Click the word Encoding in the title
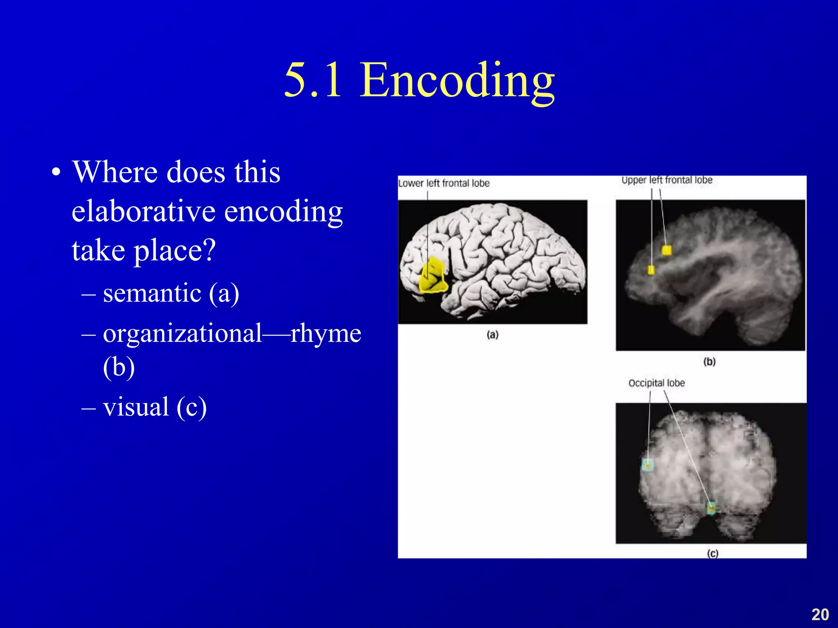[x=457, y=81]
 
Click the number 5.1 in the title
[x=313, y=81]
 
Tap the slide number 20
[x=820, y=615]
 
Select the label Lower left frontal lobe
[x=444, y=183]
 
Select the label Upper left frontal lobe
[x=667, y=180]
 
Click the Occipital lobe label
[x=656, y=383]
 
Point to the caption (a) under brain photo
[x=493, y=335]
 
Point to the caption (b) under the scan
[x=710, y=362]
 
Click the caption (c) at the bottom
[x=712, y=553]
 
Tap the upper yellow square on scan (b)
[x=667, y=250]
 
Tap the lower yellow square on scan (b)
[x=651, y=270]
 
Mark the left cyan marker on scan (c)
[x=648, y=465]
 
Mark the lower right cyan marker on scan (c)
[x=712, y=508]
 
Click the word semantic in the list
[x=152, y=294]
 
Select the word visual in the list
[x=136, y=407]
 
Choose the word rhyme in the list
[x=326, y=334]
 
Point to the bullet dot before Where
[x=56, y=173]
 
